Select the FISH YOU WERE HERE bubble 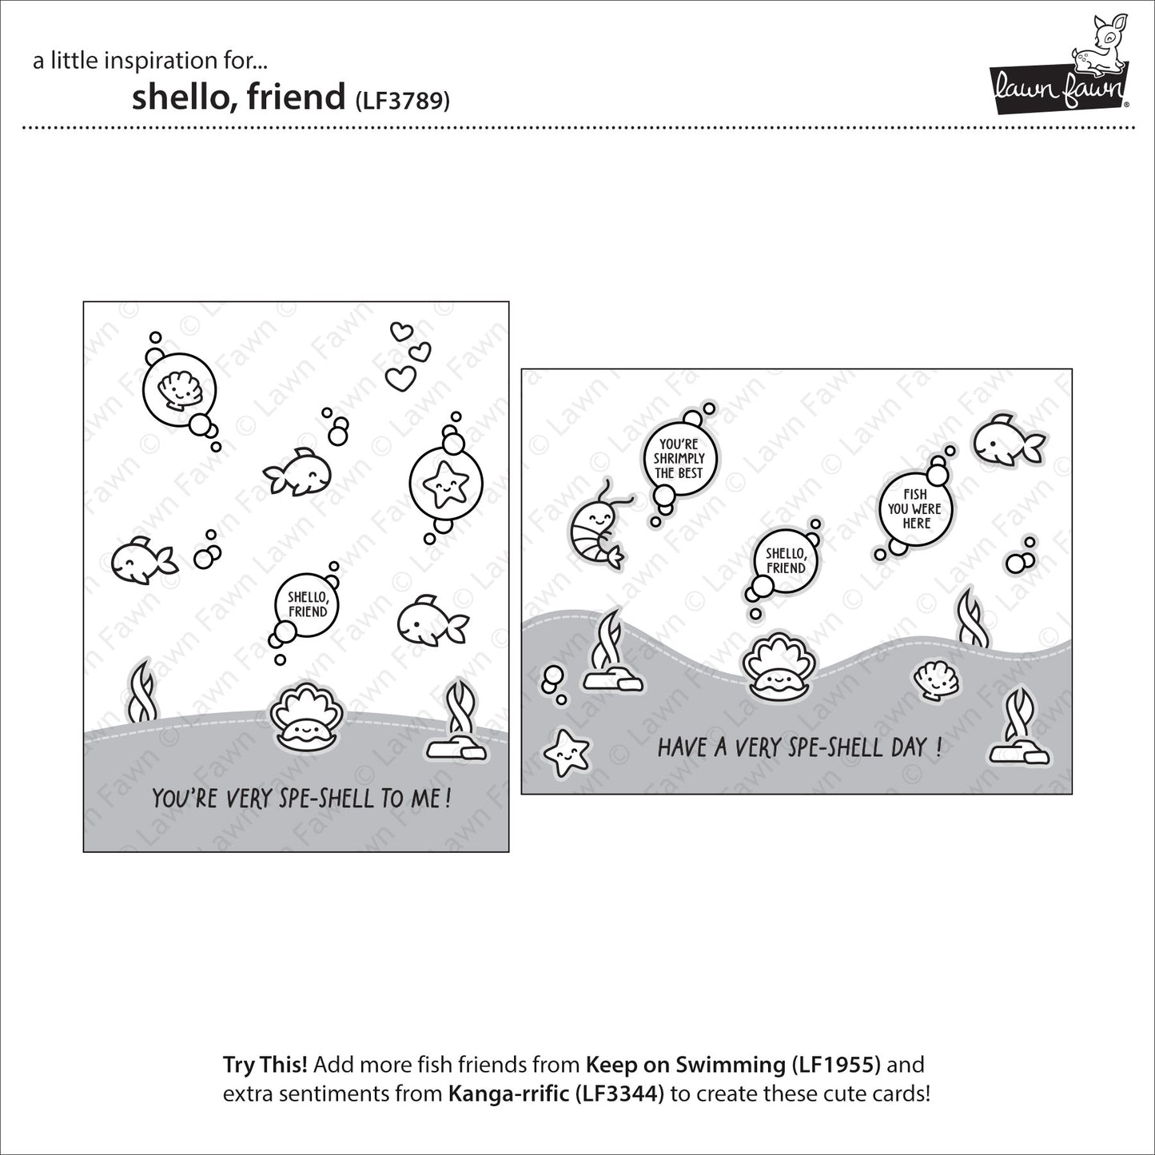coord(915,508)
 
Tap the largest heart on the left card coord(400,377)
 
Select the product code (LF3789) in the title coord(402,101)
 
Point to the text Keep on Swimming coord(684,1065)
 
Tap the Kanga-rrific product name coord(509,1093)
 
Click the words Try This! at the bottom coord(265,1065)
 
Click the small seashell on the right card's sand coord(936,681)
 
